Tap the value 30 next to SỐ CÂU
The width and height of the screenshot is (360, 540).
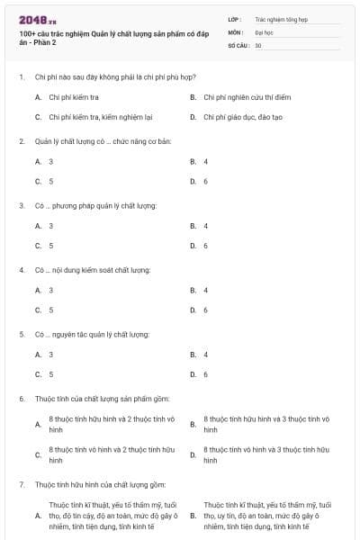coord(258,44)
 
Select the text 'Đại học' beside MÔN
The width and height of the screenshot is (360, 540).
coord(262,31)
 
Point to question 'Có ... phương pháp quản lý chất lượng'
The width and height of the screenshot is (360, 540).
coord(95,205)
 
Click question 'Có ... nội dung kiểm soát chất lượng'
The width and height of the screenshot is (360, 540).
coord(92,270)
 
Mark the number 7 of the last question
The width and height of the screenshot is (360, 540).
coord(21,484)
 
